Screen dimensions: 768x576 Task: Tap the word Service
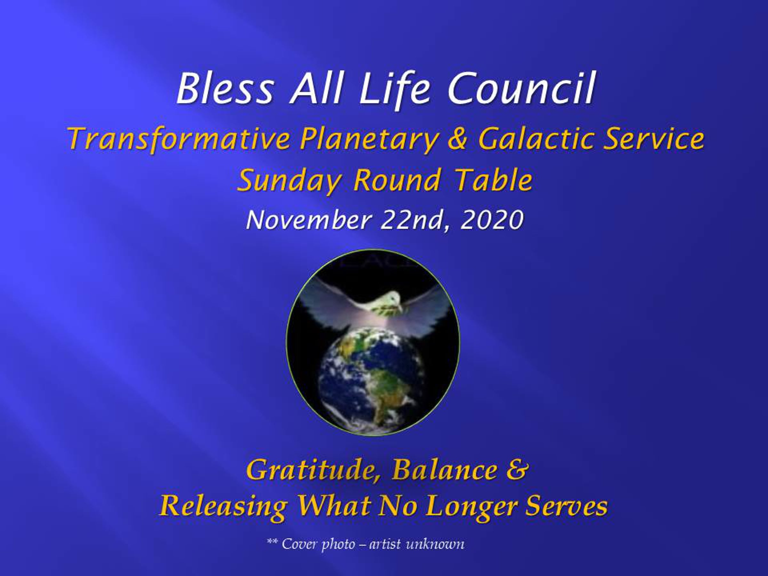click(654, 139)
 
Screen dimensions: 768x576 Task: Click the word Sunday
click(289, 180)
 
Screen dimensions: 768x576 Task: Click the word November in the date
click(309, 220)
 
